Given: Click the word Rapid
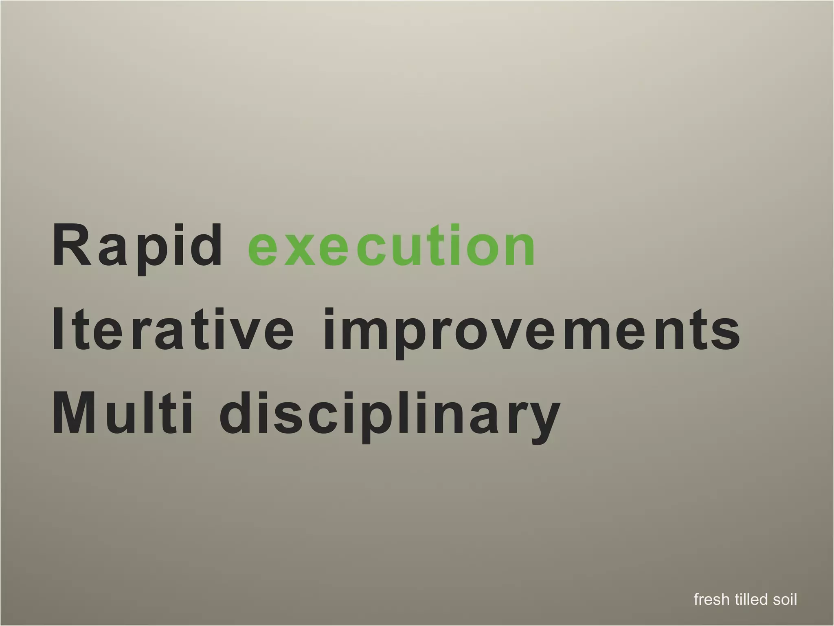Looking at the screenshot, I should click(136, 247).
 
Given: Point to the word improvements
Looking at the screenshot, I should click(531, 332).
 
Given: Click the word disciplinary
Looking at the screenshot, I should click(389, 416).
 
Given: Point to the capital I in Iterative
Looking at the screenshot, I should click(58, 330).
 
